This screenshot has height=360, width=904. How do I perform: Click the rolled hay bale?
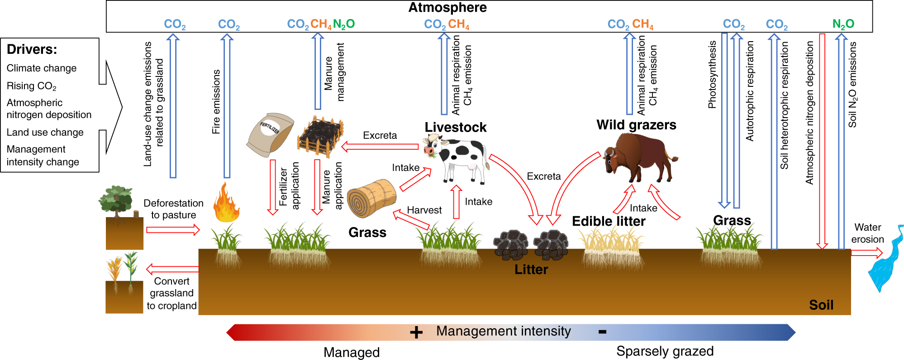click(371, 199)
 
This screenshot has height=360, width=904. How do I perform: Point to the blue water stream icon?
click(885, 262)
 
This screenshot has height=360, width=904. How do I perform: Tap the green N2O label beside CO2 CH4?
click(344, 24)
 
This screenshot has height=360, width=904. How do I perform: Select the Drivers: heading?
click(32, 49)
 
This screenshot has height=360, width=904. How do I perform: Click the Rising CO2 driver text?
click(31, 86)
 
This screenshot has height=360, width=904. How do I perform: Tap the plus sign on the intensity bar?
click(416, 332)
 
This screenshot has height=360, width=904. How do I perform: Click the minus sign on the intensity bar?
click(602, 332)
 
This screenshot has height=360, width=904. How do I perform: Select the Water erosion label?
click(867, 233)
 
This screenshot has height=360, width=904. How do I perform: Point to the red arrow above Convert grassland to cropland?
click(172, 269)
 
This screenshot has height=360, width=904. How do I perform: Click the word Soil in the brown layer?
click(821, 305)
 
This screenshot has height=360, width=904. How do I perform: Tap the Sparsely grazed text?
click(665, 351)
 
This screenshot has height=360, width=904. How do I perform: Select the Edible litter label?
click(608, 221)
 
